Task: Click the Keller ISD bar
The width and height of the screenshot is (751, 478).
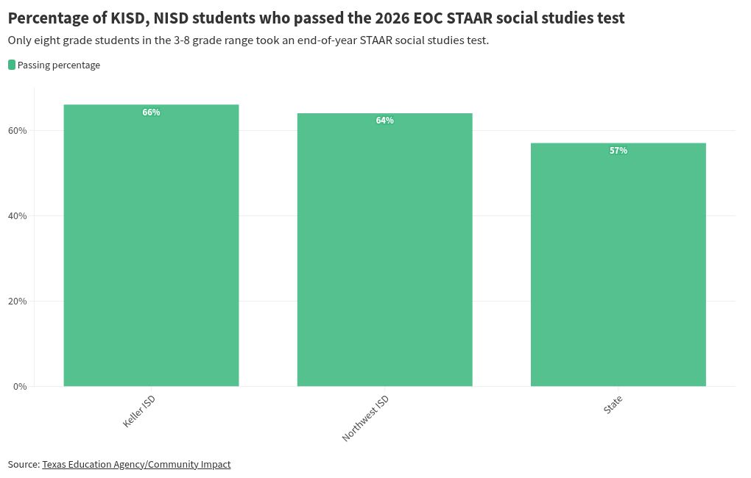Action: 152,245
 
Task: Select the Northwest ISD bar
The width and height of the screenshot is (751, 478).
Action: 384,249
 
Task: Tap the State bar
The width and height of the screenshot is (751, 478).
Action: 618,264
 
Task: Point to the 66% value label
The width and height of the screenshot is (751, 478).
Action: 152,112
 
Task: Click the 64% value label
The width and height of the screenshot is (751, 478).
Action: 384,120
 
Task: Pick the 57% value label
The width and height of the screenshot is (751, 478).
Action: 618,150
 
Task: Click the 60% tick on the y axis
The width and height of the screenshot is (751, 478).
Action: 17,131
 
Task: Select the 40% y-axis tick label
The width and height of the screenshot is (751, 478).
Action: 17,215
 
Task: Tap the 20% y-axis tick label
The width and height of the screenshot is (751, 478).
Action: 17,301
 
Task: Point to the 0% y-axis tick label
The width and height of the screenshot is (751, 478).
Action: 20,386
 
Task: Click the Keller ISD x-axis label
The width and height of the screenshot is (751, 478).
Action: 139,411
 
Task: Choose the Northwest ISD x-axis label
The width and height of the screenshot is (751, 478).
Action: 365,418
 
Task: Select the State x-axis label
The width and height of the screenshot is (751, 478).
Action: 613,404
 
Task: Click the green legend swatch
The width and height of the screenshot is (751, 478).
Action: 12,65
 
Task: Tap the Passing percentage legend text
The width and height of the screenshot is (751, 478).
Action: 59,65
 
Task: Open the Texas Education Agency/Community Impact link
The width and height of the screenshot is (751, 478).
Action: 136,464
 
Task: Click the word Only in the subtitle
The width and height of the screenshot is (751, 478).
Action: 18,40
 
